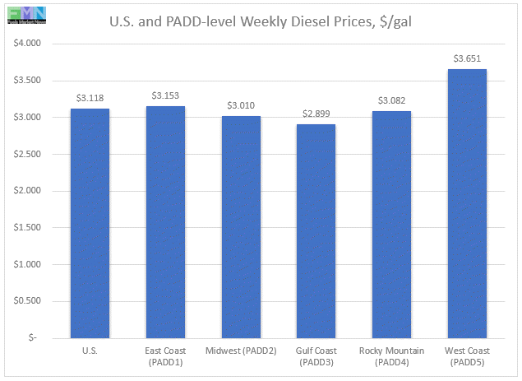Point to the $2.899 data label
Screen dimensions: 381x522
tap(316, 113)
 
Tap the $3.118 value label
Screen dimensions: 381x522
tap(90, 97)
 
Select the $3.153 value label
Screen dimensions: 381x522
tap(165, 95)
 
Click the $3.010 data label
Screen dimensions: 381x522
tap(241, 105)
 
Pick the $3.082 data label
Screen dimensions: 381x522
tap(390, 100)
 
